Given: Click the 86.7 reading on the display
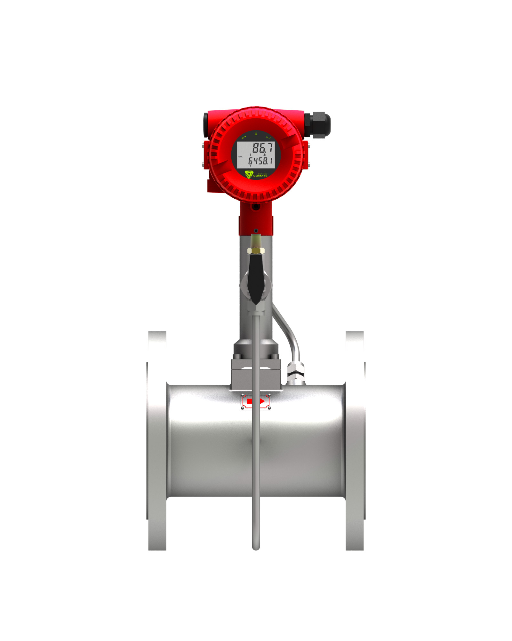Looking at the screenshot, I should click(262, 148).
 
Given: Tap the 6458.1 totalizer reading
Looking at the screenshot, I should click(260, 161).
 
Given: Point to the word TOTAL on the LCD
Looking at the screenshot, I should click(240, 157).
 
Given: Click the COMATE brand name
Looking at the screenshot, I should click(260, 176).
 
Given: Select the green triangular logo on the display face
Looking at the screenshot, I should click(249, 174).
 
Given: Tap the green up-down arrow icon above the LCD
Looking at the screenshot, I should click(256, 133).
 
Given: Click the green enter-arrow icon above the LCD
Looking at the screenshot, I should click(268, 137).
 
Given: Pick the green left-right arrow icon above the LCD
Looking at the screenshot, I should click(244, 137).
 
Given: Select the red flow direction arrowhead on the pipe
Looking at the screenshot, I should click(262, 401).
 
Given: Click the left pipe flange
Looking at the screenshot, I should click(157, 441).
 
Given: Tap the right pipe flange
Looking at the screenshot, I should click(355, 441).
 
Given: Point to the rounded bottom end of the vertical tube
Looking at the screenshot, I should click(256, 548).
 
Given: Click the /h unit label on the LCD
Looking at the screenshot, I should click(264, 155).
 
